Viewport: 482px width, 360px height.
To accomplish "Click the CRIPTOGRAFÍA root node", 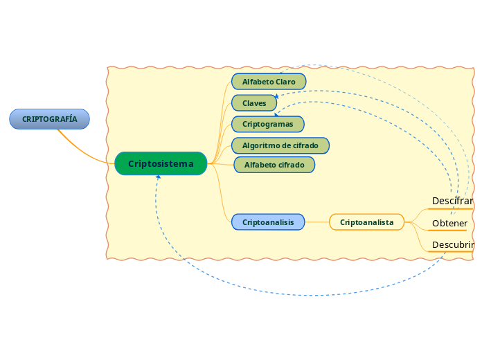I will (49, 119).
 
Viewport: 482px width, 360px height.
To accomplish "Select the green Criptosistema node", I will (161, 163).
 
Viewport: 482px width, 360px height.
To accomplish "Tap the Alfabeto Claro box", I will (269, 82).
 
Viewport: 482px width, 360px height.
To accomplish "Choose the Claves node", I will (254, 103).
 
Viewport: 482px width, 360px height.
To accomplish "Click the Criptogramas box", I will (267, 124).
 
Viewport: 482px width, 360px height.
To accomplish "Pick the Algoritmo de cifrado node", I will (280, 145).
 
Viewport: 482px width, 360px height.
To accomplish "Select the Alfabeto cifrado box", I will (274, 165).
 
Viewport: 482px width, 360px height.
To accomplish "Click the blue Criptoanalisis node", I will (268, 222).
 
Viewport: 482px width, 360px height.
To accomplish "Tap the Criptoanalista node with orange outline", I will (366, 222).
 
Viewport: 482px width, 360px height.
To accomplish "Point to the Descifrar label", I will (452, 201).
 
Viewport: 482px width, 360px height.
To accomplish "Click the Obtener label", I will (449, 223).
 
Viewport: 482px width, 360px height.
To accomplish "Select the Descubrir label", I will (452, 245).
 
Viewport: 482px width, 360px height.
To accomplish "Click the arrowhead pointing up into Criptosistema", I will (158, 177).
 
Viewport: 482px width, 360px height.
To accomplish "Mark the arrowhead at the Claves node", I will (276, 97).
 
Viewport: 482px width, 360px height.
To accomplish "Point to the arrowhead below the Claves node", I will (276, 114).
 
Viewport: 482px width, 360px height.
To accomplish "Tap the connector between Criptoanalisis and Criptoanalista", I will (317, 222).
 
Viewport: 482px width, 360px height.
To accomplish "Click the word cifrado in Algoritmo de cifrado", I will (305, 145).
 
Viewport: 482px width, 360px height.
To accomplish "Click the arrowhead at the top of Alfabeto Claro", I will (280, 71).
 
